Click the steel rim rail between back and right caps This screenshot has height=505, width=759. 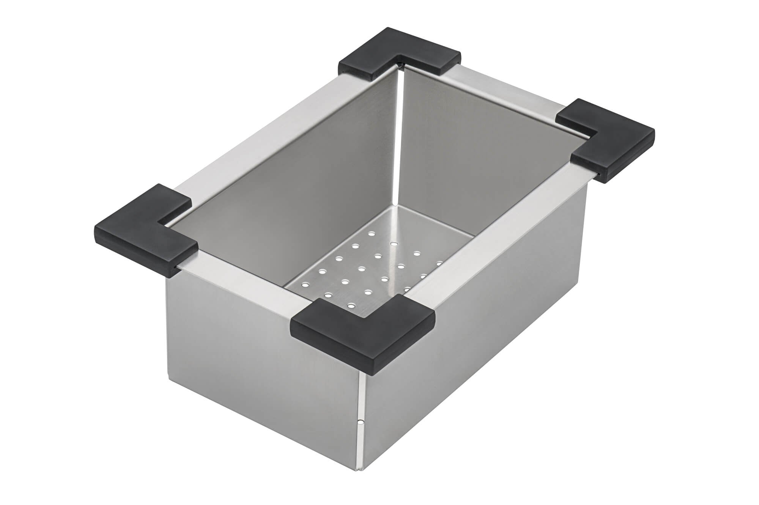click(x=505, y=91)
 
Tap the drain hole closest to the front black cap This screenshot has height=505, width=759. click(x=351, y=305)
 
